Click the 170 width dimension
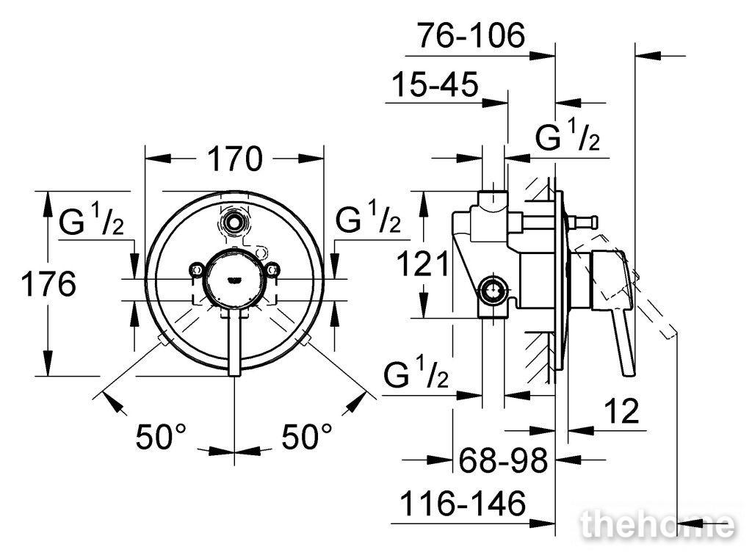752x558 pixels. pyautogui.click(x=235, y=159)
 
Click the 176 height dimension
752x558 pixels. pyautogui.click(x=48, y=284)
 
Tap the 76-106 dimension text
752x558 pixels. pyautogui.click(x=471, y=35)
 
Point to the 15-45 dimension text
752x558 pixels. pyautogui.click(x=435, y=84)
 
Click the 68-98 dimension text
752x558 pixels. pyautogui.click(x=503, y=460)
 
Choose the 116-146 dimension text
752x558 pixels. pyautogui.click(x=463, y=504)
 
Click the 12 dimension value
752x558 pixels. pyautogui.click(x=621, y=411)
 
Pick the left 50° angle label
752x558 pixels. pyautogui.click(x=161, y=437)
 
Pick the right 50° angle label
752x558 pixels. pyautogui.click(x=307, y=437)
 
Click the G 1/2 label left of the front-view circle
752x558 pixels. pyautogui.click(x=92, y=220)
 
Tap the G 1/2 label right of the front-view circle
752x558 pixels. pyautogui.click(x=368, y=217)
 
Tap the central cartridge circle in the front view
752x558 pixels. pyautogui.click(x=234, y=278)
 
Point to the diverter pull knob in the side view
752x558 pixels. pyautogui.click(x=582, y=222)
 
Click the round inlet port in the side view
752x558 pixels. pyautogui.click(x=493, y=291)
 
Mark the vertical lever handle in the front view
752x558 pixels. pyautogui.click(x=234, y=342)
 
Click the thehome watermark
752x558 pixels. pyautogui.click(x=657, y=525)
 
